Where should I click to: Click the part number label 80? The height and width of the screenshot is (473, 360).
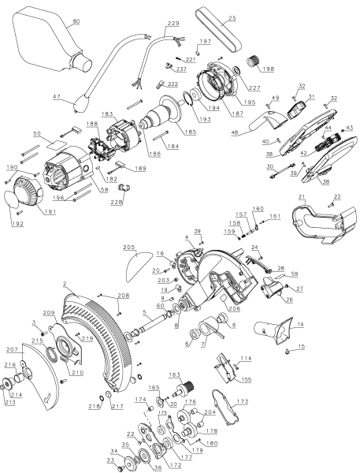tap(76, 21)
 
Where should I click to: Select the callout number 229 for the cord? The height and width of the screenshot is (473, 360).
tap(173, 23)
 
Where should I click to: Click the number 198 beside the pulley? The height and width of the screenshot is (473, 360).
tap(268, 69)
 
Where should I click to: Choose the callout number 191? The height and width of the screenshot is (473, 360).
tap(50, 211)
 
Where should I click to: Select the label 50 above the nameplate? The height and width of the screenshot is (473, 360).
tap(37, 134)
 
